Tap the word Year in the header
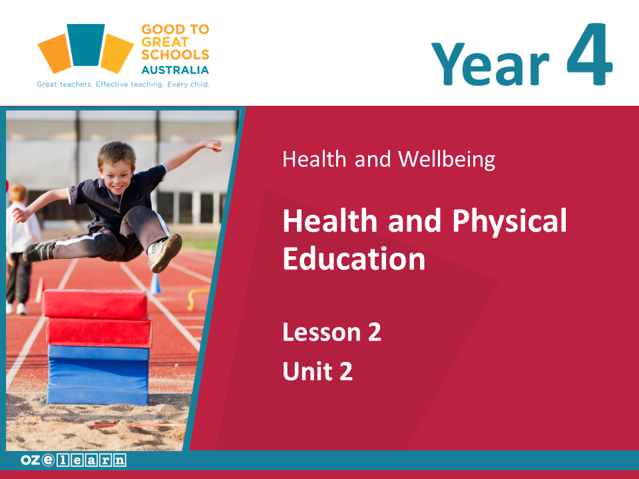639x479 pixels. coord(491,64)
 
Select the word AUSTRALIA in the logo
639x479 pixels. coord(175,70)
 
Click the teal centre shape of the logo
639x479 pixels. coord(86,45)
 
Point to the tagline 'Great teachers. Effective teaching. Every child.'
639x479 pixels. coord(123,84)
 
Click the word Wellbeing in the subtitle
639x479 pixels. coord(447,159)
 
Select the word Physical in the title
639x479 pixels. coord(509,221)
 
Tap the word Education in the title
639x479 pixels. coord(354,259)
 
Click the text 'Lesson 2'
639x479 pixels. coord(331,332)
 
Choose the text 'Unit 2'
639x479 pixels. coord(318,371)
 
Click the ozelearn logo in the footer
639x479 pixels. coord(73,460)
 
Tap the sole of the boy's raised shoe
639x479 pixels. coord(168,253)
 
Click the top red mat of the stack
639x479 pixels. coord(95,304)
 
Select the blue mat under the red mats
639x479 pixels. coord(99,375)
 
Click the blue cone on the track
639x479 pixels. coord(155,283)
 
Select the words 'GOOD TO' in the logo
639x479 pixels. coord(175,29)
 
